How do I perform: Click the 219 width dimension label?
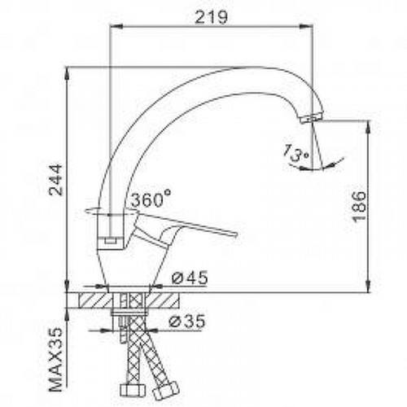point(212,18)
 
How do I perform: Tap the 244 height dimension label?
point(55,180)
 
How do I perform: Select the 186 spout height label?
point(359,207)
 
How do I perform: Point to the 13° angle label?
point(295,154)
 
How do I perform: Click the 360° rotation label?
point(151,199)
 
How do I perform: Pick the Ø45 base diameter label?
point(190,278)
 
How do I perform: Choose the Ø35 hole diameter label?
point(186,322)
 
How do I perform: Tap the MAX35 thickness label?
point(55,360)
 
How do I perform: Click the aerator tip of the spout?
point(311,119)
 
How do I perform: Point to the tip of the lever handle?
point(235,234)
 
